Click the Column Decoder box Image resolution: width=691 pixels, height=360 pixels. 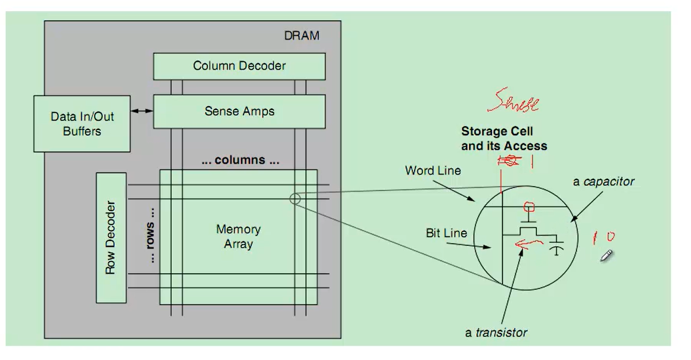[239, 66]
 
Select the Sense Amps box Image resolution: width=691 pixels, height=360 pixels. [239, 111]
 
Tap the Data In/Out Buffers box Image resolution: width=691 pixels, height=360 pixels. [82, 123]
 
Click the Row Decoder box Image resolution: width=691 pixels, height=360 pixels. [111, 238]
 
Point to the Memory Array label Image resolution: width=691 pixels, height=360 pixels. [238, 237]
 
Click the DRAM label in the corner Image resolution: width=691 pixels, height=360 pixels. [301, 36]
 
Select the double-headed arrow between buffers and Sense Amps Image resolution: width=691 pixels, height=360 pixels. [141, 111]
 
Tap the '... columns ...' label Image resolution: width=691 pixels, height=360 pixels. [239, 160]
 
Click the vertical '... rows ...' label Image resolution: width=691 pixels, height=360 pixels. [150, 242]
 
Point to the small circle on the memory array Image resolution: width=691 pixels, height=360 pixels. [294, 199]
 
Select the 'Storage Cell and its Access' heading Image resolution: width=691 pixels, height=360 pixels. [503, 139]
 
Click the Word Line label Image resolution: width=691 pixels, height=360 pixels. [433, 171]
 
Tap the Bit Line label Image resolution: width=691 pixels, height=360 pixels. [446, 233]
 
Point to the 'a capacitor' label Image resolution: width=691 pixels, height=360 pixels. [603, 182]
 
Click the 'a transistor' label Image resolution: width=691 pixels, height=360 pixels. [496, 332]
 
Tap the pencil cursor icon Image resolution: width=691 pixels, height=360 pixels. [606, 256]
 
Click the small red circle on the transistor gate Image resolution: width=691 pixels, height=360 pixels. [529, 207]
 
